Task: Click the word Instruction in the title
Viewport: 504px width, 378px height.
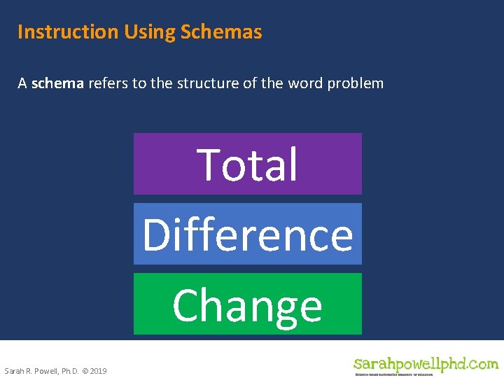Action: click(x=68, y=32)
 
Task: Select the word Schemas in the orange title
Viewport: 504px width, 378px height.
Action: click(x=221, y=32)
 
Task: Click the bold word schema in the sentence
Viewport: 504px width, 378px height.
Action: click(x=57, y=83)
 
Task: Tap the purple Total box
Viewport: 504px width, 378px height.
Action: click(x=248, y=164)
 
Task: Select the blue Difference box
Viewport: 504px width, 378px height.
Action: click(x=248, y=234)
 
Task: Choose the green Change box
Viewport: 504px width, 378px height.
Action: click(x=248, y=304)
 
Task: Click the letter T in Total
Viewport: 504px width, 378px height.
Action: click(x=209, y=164)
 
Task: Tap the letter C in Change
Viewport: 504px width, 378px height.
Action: click(x=186, y=306)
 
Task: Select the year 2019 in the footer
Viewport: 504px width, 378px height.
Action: click(x=98, y=370)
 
